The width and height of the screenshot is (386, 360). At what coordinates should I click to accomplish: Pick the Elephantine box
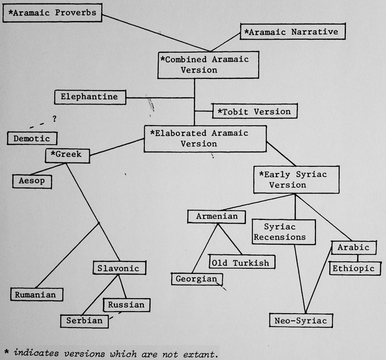(x=90, y=97)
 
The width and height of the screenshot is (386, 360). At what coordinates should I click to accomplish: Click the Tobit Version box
(x=254, y=111)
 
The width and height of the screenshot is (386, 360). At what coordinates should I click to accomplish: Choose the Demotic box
(x=32, y=138)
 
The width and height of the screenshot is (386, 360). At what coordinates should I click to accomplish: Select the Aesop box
(x=32, y=180)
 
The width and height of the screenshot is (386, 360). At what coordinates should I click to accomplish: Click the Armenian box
(x=216, y=216)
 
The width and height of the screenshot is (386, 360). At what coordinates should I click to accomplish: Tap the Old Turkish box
(x=240, y=263)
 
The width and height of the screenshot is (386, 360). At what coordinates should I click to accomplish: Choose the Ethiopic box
(x=356, y=268)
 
